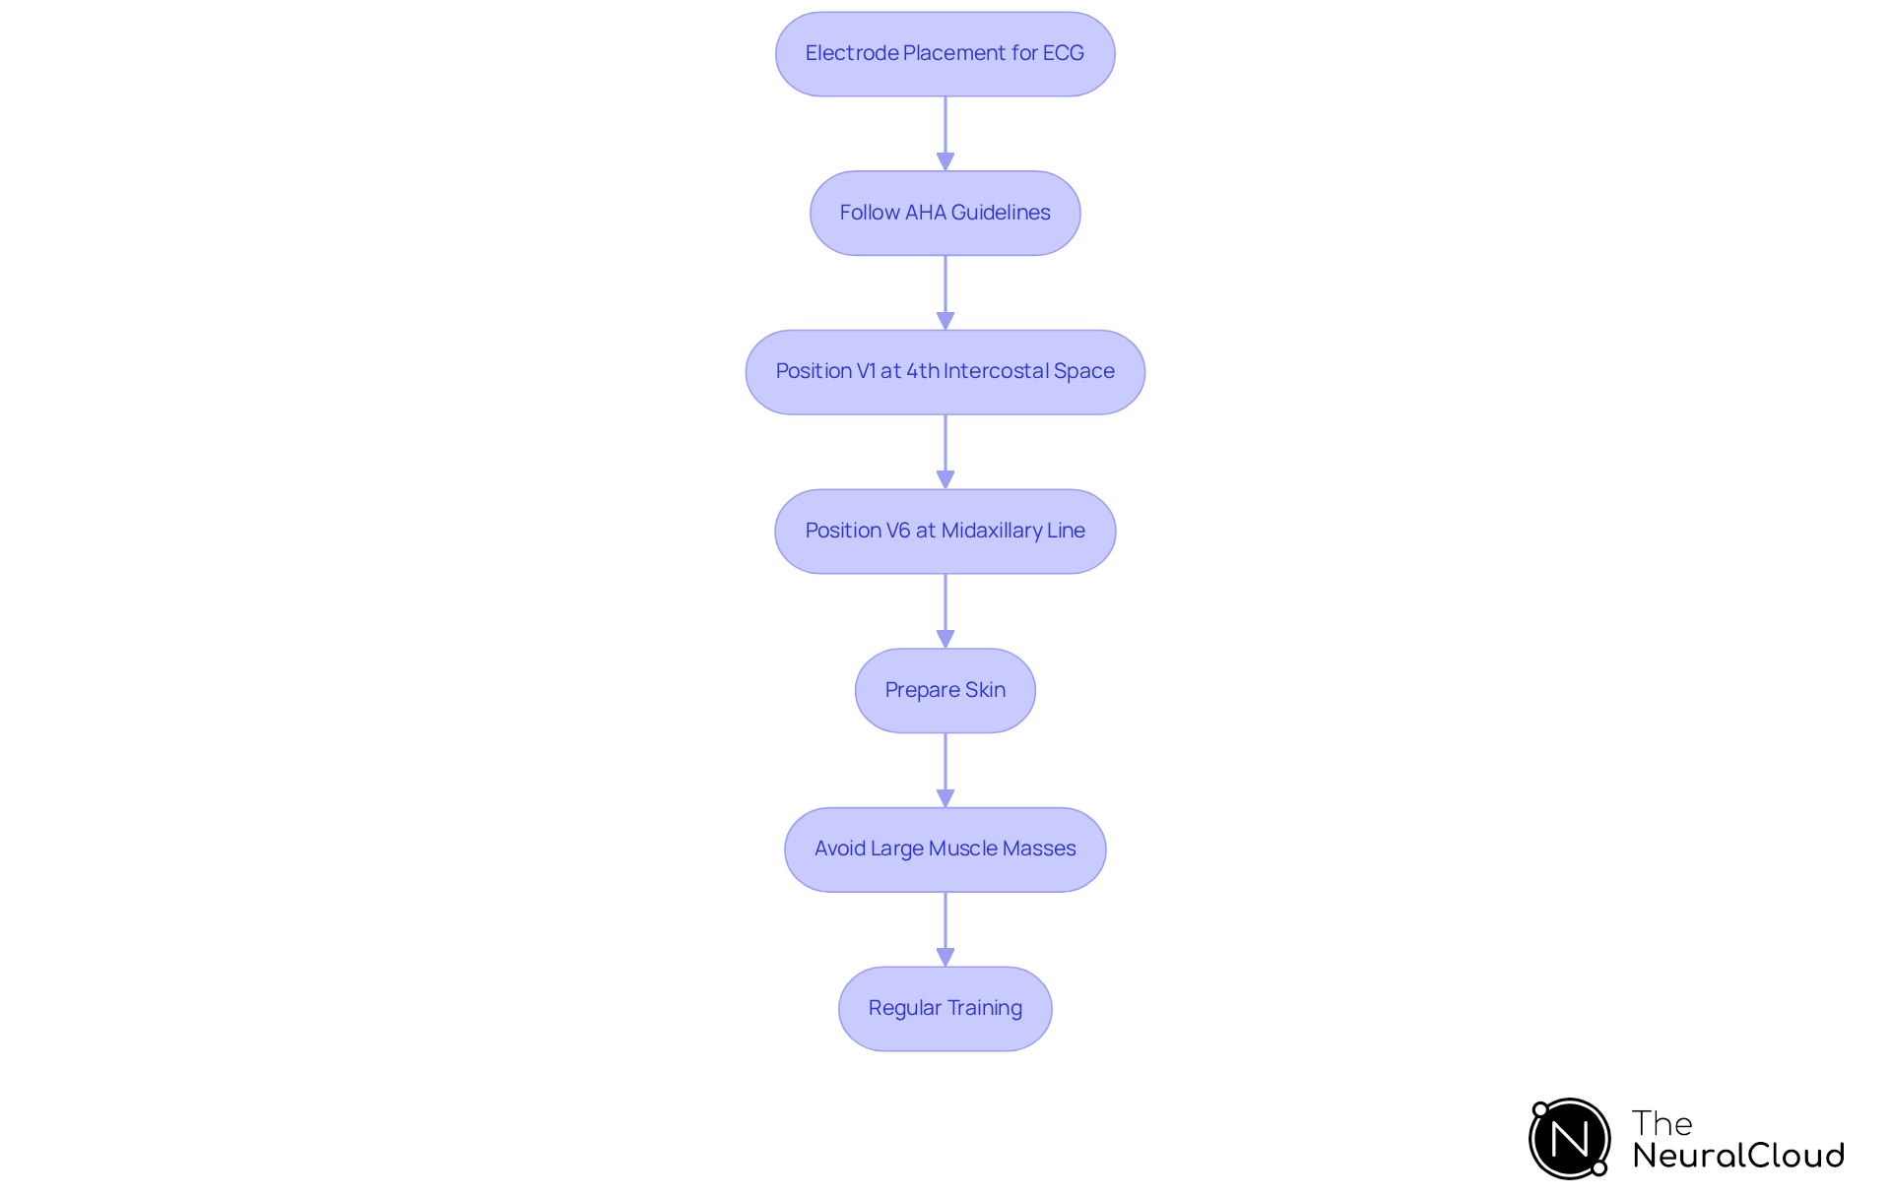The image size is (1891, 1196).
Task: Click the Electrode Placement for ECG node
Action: click(x=945, y=54)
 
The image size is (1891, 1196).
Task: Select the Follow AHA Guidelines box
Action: click(x=945, y=214)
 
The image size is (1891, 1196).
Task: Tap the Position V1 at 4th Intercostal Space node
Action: click(x=945, y=372)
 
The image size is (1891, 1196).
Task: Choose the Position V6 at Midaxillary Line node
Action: click(x=945, y=532)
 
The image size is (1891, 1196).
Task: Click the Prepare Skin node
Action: click(x=945, y=690)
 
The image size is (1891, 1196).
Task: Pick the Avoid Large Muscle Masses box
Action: click(x=945, y=850)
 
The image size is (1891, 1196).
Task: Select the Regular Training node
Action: click(x=945, y=1009)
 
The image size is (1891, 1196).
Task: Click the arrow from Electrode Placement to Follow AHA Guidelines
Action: click(x=945, y=133)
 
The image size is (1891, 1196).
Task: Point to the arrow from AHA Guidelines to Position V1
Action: click(x=945, y=292)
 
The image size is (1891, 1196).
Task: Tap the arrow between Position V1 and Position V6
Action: click(x=945, y=452)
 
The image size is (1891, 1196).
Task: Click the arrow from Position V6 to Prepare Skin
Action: click(x=945, y=610)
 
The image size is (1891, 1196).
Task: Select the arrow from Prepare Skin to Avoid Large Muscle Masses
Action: click(x=945, y=770)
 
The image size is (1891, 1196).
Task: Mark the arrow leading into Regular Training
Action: click(x=945, y=929)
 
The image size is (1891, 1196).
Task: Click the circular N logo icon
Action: click(x=1569, y=1139)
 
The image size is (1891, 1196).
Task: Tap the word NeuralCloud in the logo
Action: click(x=1738, y=1156)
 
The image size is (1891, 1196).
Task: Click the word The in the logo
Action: click(x=1662, y=1123)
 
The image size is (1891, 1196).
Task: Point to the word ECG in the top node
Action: click(x=1064, y=53)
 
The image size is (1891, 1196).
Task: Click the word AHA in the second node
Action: click(x=925, y=213)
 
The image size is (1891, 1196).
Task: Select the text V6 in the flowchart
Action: click(x=898, y=531)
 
